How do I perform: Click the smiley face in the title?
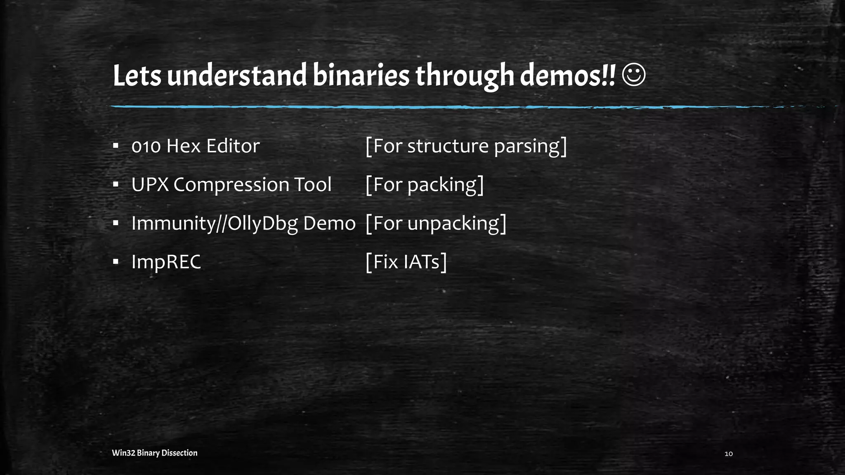[633, 75]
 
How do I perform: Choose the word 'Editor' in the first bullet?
[233, 146]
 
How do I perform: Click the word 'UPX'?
[150, 185]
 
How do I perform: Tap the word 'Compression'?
[231, 185]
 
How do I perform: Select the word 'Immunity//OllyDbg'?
[215, 223]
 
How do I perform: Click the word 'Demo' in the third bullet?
[329, 223]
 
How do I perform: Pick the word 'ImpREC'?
[166, 262]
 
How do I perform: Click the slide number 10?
[729, 454]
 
